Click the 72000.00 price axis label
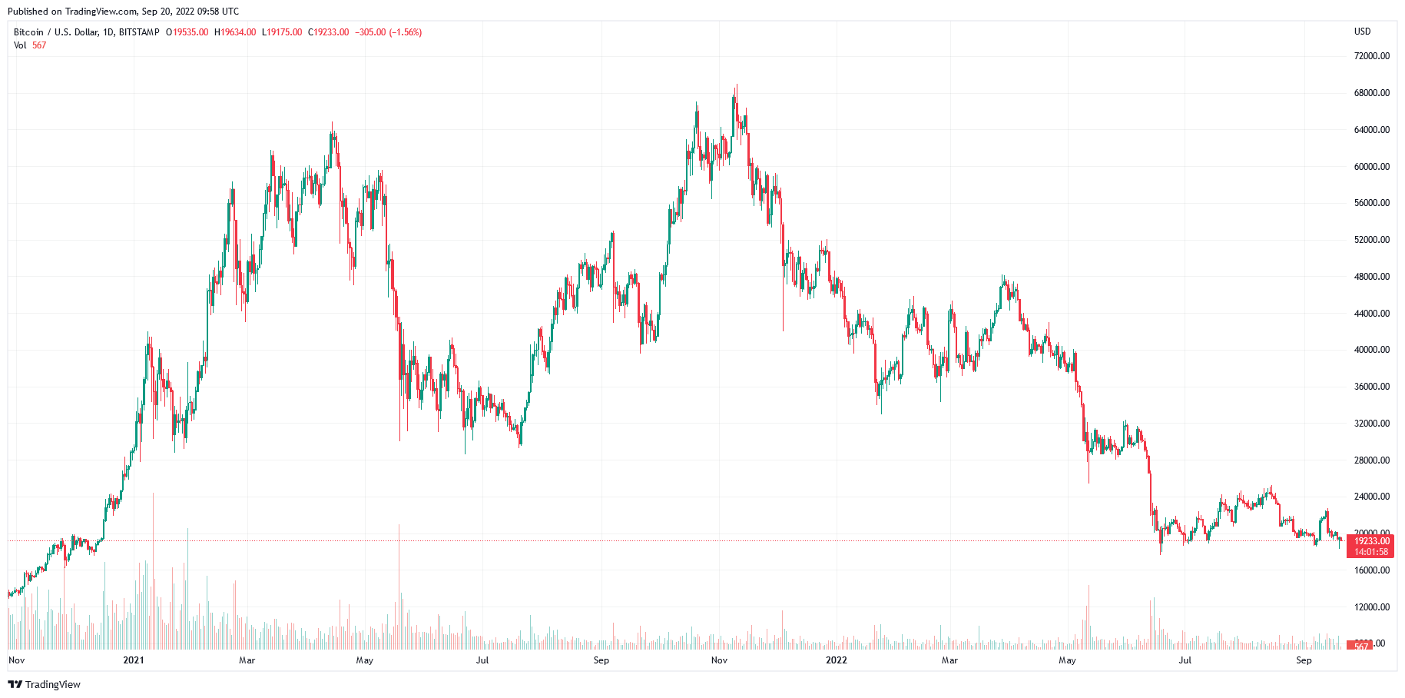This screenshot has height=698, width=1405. pos(1371,56)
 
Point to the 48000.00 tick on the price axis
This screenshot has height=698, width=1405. pos(1371,277)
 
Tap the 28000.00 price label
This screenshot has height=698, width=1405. pos(1371,460)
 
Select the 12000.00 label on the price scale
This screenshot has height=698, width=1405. pos(1371,607)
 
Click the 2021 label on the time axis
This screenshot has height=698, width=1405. pos(134,660)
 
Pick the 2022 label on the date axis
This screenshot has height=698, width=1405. pos(836,660)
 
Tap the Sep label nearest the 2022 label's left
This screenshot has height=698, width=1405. pos(601,660)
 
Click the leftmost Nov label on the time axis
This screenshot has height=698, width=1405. pos(16,660)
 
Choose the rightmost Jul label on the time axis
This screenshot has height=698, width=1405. pos(1185,660)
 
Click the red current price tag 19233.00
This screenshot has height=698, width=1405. pos(1371,541)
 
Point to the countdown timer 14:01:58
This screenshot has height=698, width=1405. pos(1371,552)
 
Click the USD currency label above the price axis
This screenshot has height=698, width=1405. pos(1362,32)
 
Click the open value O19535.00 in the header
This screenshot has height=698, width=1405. pos(187,32)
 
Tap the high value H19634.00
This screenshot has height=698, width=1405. pos(235,32)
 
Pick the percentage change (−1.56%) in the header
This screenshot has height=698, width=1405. pos(405,32)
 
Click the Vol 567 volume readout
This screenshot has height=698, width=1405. pos(30,45)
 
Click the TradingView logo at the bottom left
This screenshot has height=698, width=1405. pos(45,684)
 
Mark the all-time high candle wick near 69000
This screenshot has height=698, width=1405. pos(737,87)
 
